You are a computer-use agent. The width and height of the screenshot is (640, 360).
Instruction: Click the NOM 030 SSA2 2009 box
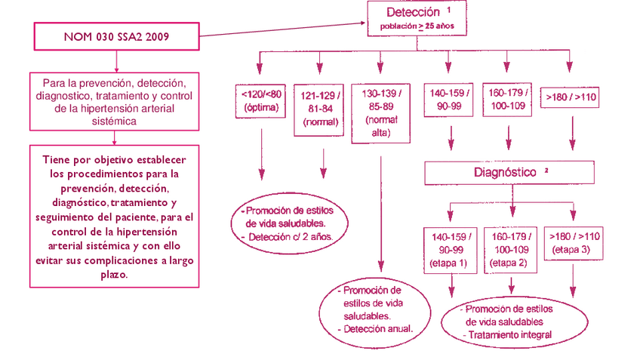click(115, 36)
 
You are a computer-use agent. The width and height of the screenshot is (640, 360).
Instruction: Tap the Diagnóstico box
click(505, 173)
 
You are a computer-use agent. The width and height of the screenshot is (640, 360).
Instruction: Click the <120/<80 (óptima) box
click(261, 101)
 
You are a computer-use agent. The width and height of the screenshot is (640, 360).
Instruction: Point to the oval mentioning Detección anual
click(376, 309)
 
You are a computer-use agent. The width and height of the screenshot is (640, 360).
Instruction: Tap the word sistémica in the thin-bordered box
click(115, 121)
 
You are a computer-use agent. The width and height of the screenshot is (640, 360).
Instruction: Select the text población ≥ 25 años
click(417, 26)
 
